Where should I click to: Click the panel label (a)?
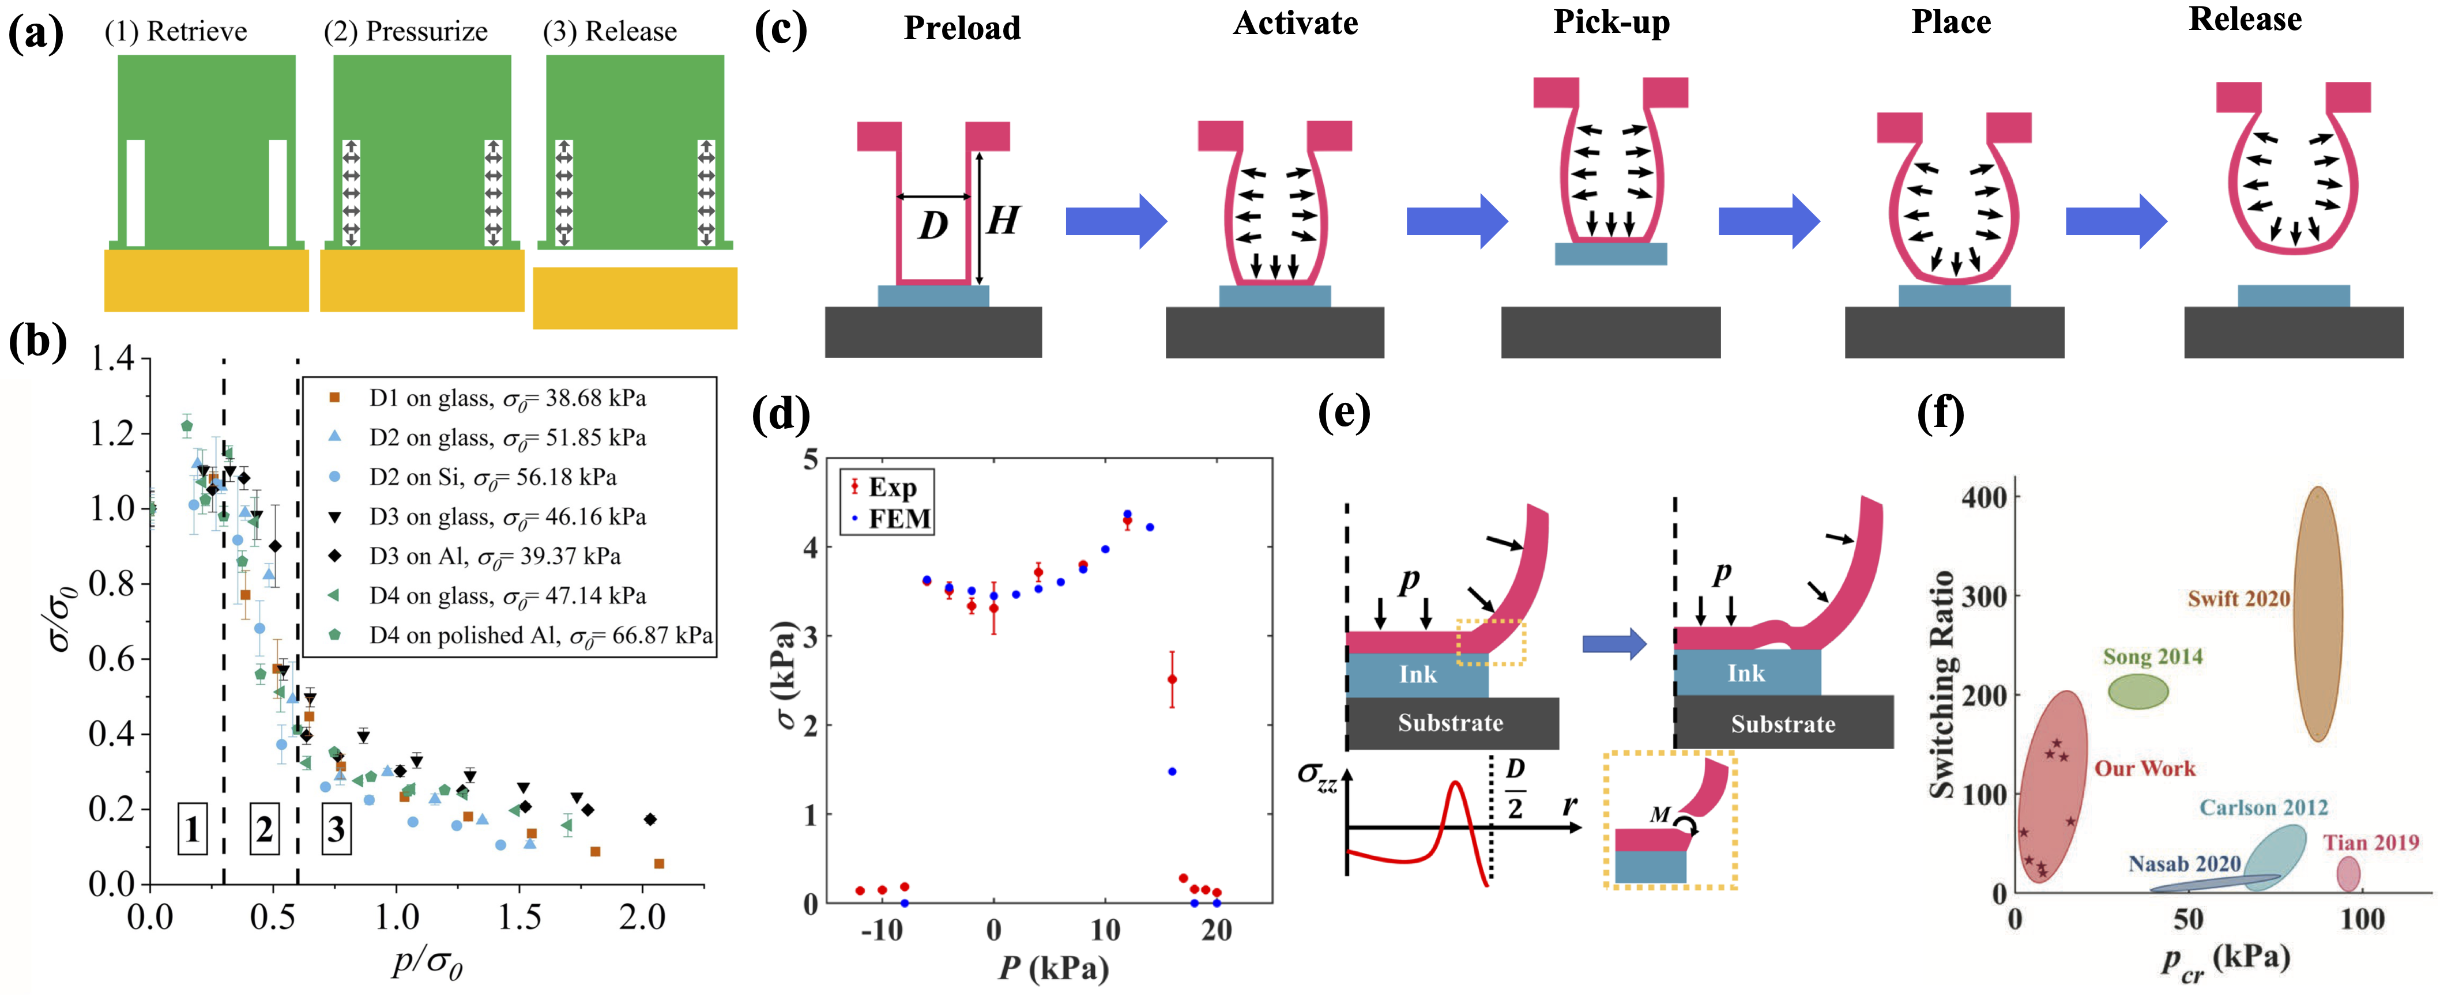pos(35,33)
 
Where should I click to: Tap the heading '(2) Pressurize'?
pos(405,31)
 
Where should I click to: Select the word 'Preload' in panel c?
pos(962,28)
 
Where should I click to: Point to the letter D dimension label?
pos(933,225)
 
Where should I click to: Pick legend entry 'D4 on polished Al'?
pos(540,635)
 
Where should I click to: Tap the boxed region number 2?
pos(264,829)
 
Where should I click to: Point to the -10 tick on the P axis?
pos(881,930)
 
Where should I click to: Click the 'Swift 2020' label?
pos(2238,598)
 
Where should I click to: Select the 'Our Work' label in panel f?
pos(2144,768)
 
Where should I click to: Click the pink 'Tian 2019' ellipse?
pos(2348,874)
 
